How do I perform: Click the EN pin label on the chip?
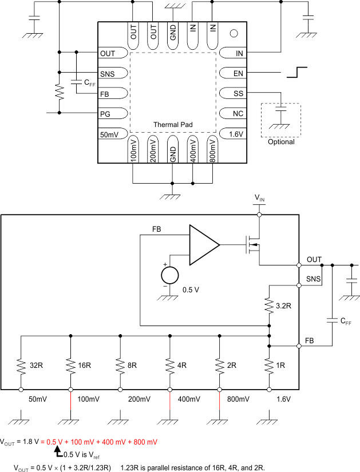(238, 73)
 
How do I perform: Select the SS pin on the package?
(238, 93)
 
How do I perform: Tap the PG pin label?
(106, 113)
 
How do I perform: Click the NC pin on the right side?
(238, 113)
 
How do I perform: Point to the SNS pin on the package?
(107, 74)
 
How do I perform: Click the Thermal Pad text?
(173, 124)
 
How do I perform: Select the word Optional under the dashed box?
(281, 142)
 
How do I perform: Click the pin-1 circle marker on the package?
(234, 33)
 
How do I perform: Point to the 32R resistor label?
(35, 364)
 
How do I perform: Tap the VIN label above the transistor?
(260, 198)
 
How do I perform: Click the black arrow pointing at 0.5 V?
(57, 451)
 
